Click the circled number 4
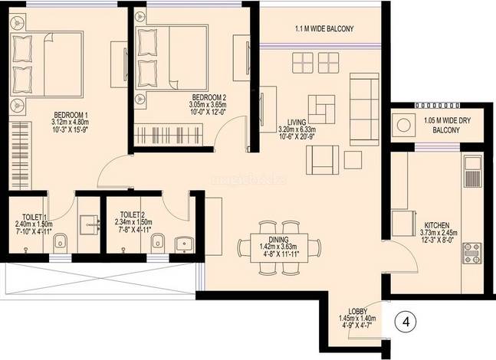click(x=406, y=322)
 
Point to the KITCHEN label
click(x=436, y=225)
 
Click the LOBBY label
click(x=358, y=311)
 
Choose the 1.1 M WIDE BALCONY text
click(x=324, y=29)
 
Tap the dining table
click(x=279, y=248)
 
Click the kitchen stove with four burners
click(x=472, y=254)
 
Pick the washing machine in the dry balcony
click(x=404, y=125)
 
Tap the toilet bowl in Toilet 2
click(x=157, y=243)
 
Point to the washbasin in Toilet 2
click(x=185, y=244)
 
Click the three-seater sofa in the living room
click(x=364, y=110)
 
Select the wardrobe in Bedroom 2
click(x=168, y=135)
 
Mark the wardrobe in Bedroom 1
click(x=20, y=155)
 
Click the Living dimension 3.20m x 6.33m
click(x=297, y=129)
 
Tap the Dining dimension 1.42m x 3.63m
click(x=278, y=246)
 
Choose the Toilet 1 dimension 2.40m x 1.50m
click(x=34, y=224)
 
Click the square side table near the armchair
click(x=353, y=160)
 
